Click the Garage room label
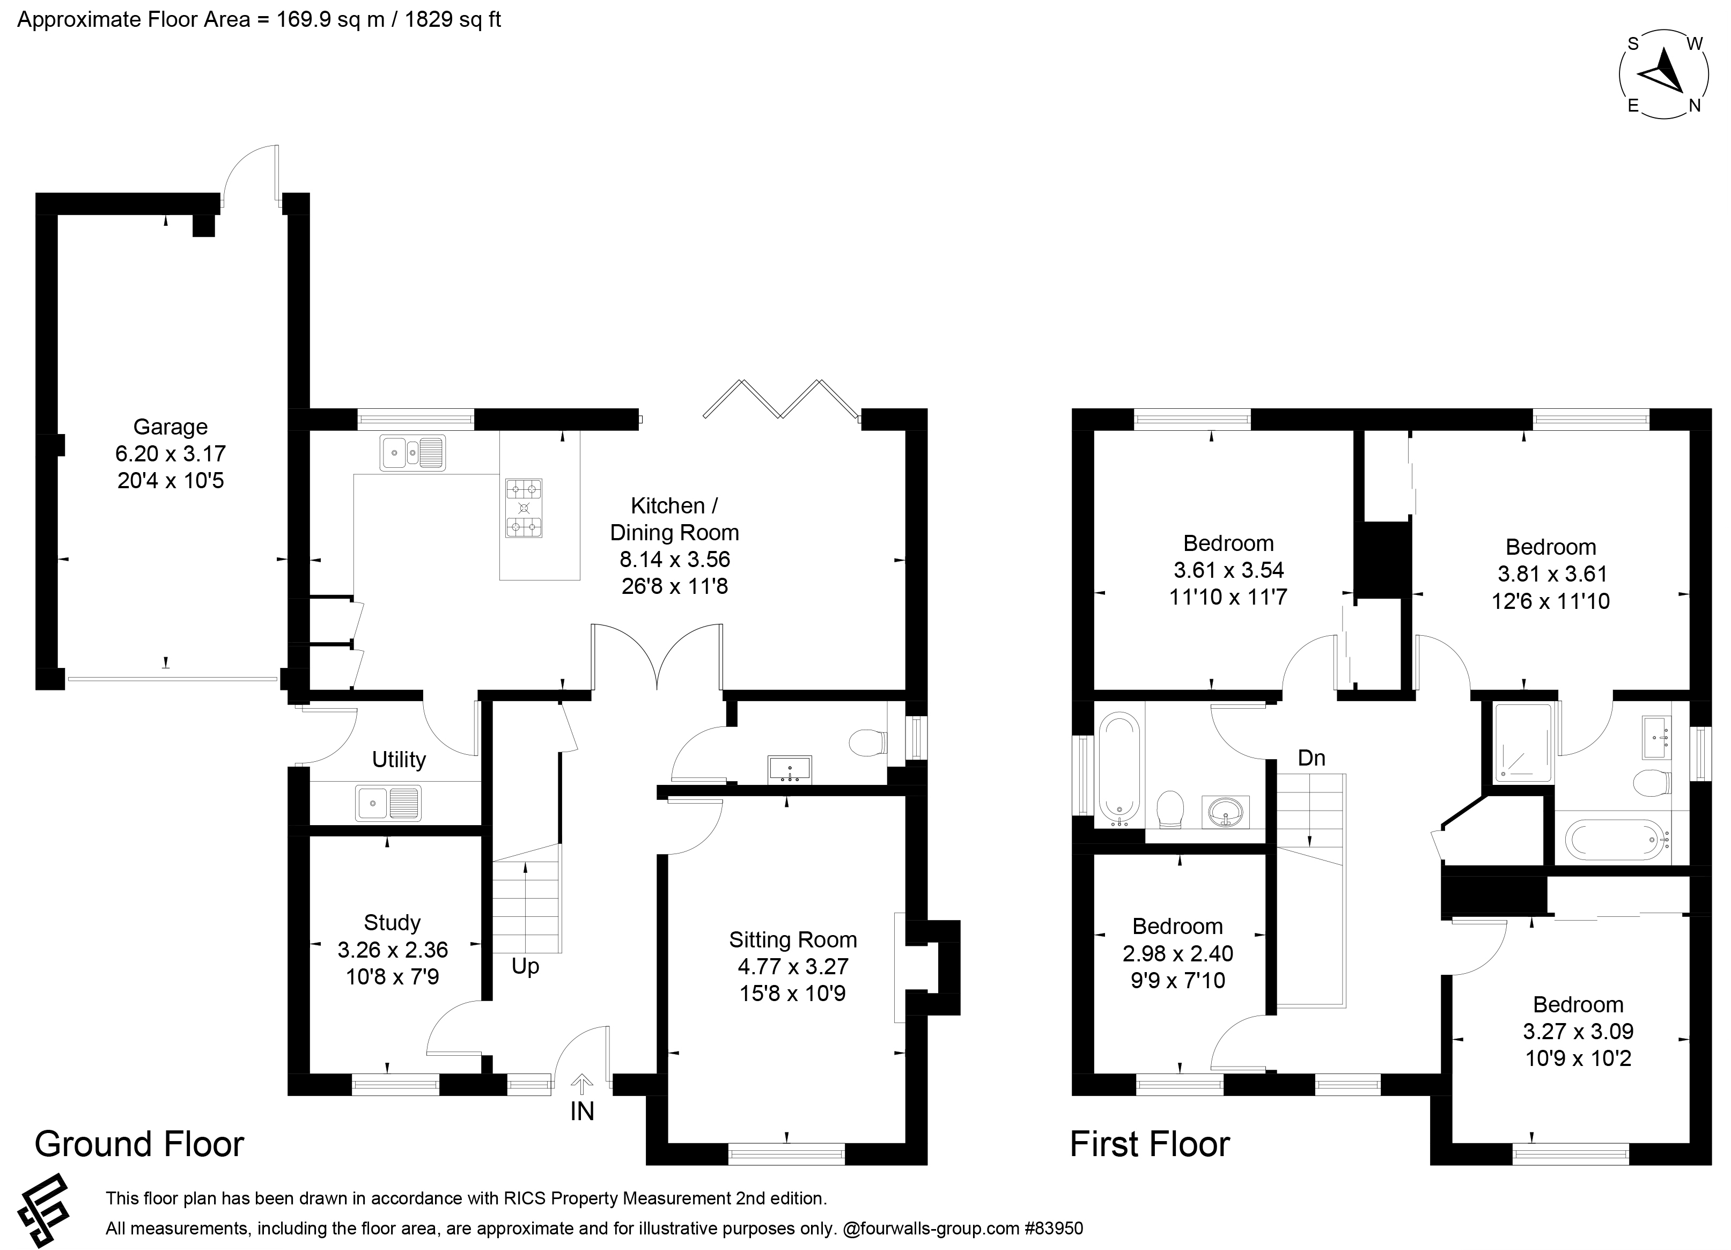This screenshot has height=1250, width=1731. click(170, 427)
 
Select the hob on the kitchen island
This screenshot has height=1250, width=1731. click(524, 508)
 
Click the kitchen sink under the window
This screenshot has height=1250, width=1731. click(412, 453)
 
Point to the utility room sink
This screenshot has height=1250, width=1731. click(388, 804)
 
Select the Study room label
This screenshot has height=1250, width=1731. click(392, 923)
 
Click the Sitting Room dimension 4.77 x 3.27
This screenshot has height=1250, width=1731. click(792, 966)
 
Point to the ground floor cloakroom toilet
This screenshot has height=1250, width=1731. click(868, 742)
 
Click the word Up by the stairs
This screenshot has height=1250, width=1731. click(525, 966)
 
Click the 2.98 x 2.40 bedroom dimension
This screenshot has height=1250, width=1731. click(1177, 953)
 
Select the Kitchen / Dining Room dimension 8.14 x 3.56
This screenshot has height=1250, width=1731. click(675, 560)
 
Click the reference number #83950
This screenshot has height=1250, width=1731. click(1054, 1229)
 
